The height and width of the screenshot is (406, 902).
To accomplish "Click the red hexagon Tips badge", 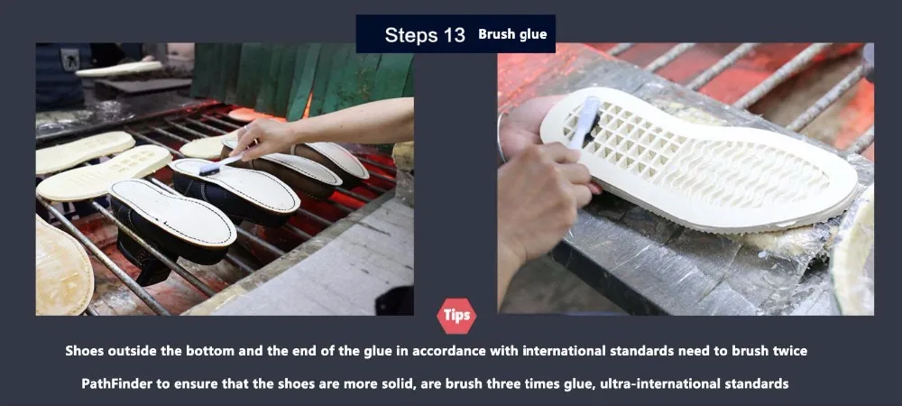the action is [456, 316].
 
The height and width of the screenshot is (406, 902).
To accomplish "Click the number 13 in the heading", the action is [454, 35].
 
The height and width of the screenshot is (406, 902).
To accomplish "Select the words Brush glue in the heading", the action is [512, 34].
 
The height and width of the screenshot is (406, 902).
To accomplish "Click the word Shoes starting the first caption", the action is [83, 351].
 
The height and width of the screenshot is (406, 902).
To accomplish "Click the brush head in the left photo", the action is [209, 170].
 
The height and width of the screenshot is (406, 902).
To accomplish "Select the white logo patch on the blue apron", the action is [70, 59].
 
